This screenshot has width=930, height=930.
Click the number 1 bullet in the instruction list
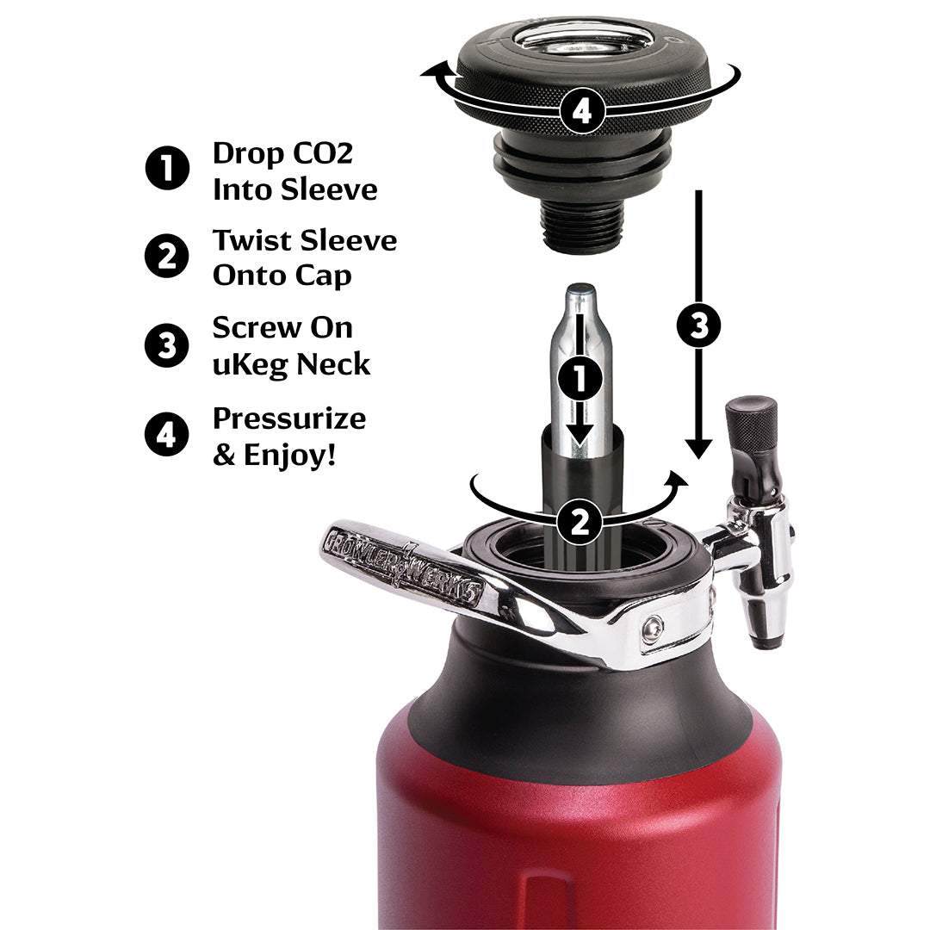(167, 168)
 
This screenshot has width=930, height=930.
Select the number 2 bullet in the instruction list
(167, 257)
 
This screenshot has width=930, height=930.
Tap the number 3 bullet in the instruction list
(167, 345)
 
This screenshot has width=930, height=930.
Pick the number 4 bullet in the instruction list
(167, 436)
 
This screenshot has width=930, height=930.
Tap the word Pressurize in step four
(289, 418)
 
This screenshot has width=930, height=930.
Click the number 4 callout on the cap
(582, 111)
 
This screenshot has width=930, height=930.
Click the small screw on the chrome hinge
(653, 633)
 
